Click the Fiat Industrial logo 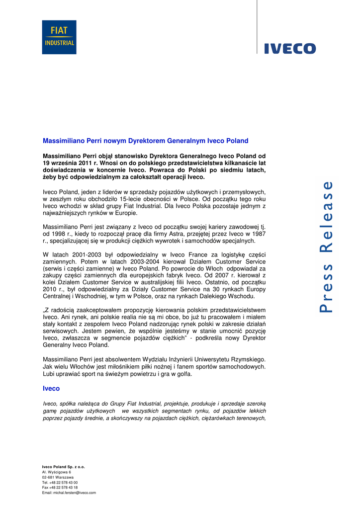tap(59, 37)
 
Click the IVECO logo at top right tap(289, 48)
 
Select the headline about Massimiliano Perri tap(145, 141)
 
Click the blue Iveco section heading tap(51, 388)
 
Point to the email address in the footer tap(69, 493)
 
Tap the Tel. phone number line tap(60, 482)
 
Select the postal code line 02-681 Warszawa tap(58, 477)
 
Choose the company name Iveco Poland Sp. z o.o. tap(63, 467)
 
